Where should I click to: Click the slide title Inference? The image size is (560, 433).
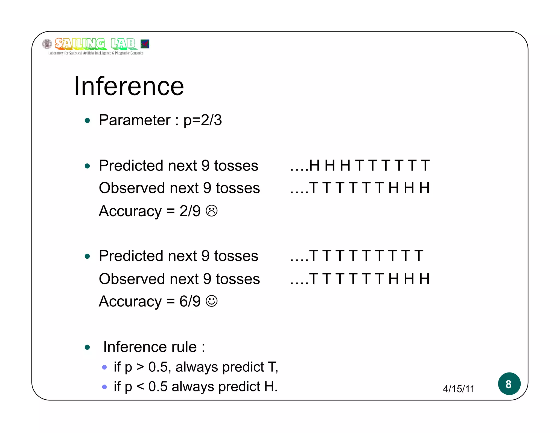129,86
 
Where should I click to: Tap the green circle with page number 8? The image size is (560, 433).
509,384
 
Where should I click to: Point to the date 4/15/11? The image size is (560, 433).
459,389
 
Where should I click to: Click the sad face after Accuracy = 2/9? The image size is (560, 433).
212,211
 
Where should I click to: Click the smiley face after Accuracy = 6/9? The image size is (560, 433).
212,301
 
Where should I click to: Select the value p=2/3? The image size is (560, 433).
203,120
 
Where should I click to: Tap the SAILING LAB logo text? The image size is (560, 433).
95,44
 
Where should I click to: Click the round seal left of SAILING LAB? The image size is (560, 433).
47,44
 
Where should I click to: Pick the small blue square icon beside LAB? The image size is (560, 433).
145,44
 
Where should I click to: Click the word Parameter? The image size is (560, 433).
135,120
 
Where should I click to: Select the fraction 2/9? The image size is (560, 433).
190,211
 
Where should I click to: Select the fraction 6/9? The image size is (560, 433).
190,301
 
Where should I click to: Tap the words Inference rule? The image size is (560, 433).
150,347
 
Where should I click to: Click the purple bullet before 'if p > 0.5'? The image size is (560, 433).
104,367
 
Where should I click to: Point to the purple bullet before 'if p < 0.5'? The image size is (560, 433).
104,387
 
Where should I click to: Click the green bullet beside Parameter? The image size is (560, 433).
87,120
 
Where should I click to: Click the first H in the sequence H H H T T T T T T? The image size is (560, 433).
314,166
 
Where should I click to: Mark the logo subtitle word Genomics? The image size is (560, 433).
137,53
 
